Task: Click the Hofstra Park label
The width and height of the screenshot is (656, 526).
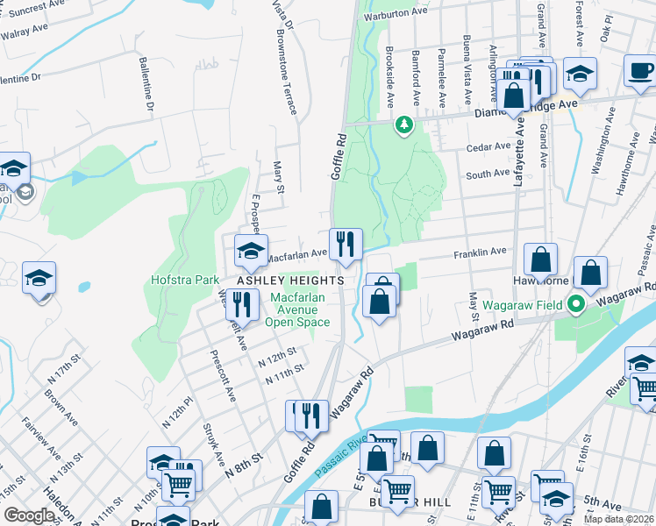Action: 182,281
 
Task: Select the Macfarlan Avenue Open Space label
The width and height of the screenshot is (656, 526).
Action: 303,309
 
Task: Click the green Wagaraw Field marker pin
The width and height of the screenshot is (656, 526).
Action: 576,305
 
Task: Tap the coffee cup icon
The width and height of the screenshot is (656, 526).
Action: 640,70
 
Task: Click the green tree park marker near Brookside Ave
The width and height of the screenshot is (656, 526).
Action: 404,125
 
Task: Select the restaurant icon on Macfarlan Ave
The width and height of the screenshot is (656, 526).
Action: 346,244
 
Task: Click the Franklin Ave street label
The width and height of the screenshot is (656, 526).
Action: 480,252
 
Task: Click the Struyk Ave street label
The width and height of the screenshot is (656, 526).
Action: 213,447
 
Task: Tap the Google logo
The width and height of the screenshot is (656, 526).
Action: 30,515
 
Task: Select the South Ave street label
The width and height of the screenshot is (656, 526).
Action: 488,174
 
